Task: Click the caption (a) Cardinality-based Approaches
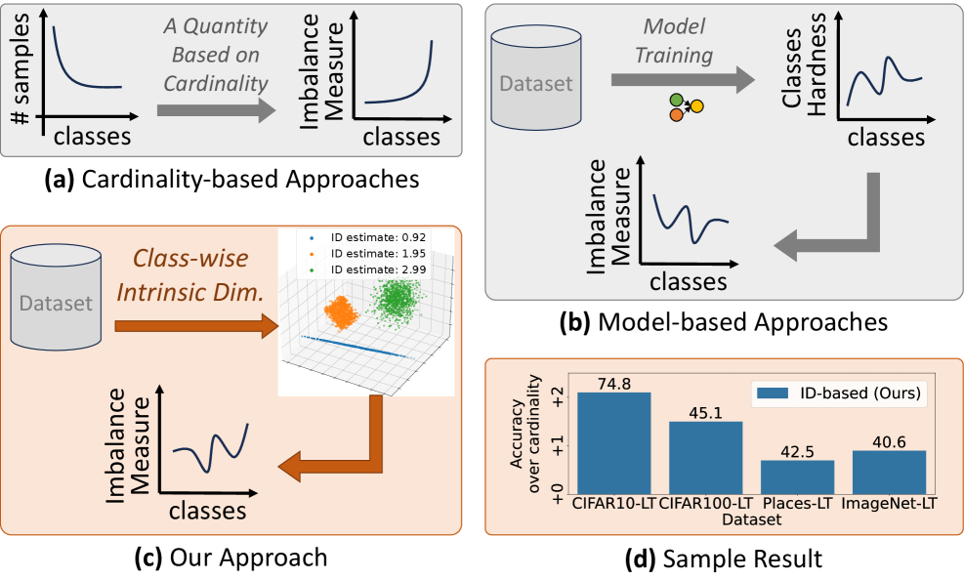click(x=231, y=180)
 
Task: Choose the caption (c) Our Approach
click(x=231, y=558)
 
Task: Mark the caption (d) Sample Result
click(x=724, y=559)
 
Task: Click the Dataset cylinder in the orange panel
click(x=56, y=302)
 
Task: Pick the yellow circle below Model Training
click(x=696, y=105)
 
